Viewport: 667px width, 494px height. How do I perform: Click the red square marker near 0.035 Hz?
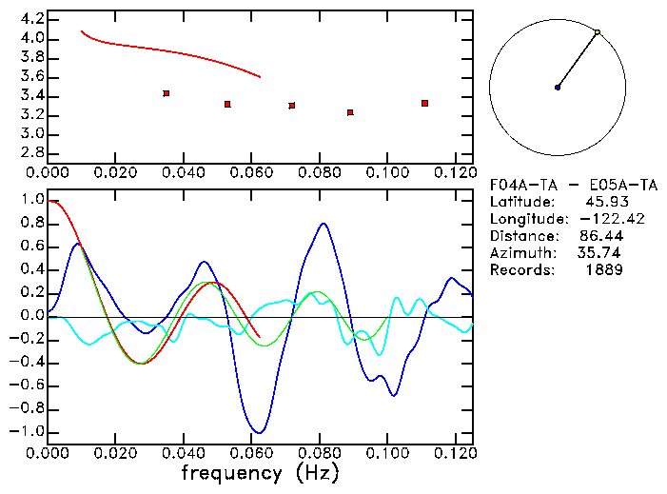(167, 93)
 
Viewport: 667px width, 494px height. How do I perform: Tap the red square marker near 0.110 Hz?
(424, 103)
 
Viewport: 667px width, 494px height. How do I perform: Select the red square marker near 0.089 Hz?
(350, 112)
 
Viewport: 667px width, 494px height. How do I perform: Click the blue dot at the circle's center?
(558, 88)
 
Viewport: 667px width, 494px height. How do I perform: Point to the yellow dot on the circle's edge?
(598, 32)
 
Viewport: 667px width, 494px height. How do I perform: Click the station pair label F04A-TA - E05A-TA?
(557, 185)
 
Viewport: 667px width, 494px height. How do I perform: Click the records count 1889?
(604, 270)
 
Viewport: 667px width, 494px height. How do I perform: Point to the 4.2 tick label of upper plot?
(30, 19)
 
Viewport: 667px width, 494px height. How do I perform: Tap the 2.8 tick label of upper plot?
(30, 153)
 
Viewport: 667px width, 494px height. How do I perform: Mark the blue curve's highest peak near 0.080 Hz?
(324, 224)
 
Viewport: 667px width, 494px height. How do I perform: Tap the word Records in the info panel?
(519, 270)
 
